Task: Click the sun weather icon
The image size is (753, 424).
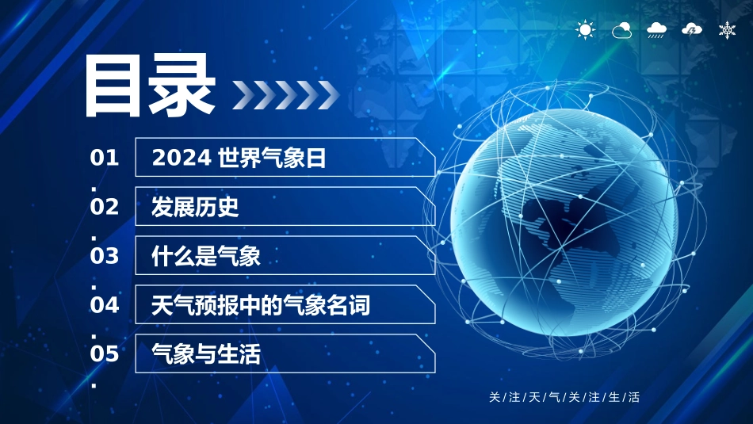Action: [x=585, y=30]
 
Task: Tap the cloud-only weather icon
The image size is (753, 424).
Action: [x=621, y=30]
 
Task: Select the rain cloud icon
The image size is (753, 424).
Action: [x=656, y=30]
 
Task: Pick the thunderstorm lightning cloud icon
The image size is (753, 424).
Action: [x=692, y=30]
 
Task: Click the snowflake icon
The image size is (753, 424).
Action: [x=726, y=30]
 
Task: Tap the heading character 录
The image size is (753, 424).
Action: [x=183, y=86]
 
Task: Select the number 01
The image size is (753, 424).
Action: [x=105, y=158]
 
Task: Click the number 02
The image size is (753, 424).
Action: [x=105, y=207]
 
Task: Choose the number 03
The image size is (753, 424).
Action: [x=105, y=256]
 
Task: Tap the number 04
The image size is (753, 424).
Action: [x=105, y=304]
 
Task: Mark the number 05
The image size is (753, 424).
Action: [x=105, y=353]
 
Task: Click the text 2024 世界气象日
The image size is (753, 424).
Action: [x=239, y=159]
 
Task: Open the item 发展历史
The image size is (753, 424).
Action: [x=195, y=208]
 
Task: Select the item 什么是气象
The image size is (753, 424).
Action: [x=206, y=257]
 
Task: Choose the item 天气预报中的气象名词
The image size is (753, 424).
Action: [x=261, y=305]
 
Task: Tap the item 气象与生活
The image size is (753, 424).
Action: [x=206, y=354]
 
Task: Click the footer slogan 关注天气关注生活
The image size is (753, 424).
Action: [x=564, y=397]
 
